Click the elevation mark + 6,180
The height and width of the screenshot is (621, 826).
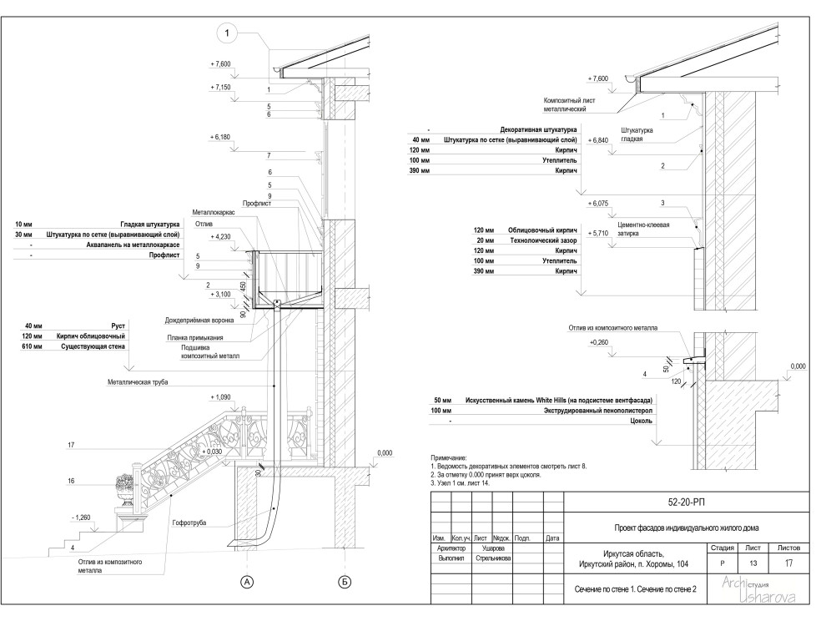pyautogui.click(x=220, y=137)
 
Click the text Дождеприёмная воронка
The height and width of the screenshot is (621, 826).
pyautogui.click(x=199, y=321)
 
